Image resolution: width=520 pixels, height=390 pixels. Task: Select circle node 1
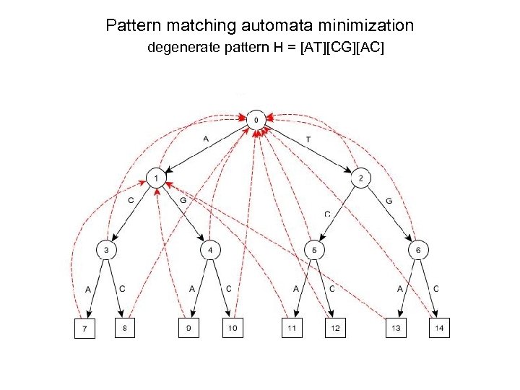click(157, 178)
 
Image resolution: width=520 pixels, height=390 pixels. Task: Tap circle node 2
click(360, 178)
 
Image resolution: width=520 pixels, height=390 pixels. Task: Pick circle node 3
click(106, 250)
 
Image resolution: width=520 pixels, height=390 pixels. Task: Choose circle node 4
click(209, 250)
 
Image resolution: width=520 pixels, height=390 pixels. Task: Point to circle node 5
click(315, 250)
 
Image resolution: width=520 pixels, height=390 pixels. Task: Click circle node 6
click(419, 250)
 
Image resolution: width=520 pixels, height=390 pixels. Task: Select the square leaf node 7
click(86, 329)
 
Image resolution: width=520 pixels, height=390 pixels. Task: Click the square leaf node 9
click(188, 329)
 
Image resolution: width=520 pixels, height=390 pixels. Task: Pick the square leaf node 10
click(231, 329)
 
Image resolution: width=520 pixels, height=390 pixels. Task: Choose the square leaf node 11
click(292, 329)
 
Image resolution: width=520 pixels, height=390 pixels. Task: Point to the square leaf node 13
click(395, 329)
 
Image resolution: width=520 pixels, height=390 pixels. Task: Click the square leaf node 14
click(438, 329)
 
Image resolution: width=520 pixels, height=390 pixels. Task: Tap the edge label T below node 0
click(308, 139)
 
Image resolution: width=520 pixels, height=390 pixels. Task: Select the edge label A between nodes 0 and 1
click(206, 139)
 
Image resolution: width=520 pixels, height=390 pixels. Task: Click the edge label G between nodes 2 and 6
click(390, 200)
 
